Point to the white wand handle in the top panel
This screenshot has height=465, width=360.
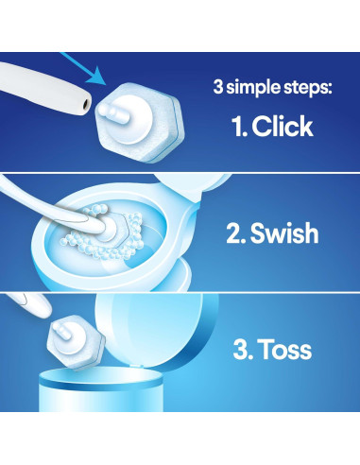pos(38,92)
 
